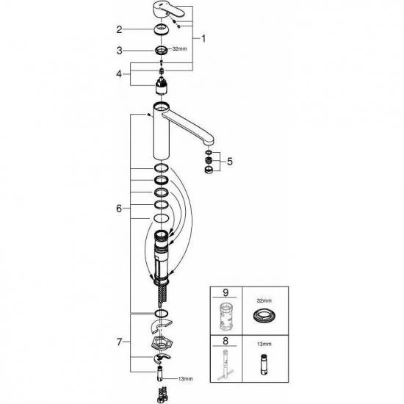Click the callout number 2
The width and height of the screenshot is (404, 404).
(x=118, y=30)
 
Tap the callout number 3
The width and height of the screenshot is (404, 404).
(x=118, y=51)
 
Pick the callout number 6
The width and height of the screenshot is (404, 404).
(x=118, y=208)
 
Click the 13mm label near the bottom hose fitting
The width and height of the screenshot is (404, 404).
(x=187, y=379)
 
